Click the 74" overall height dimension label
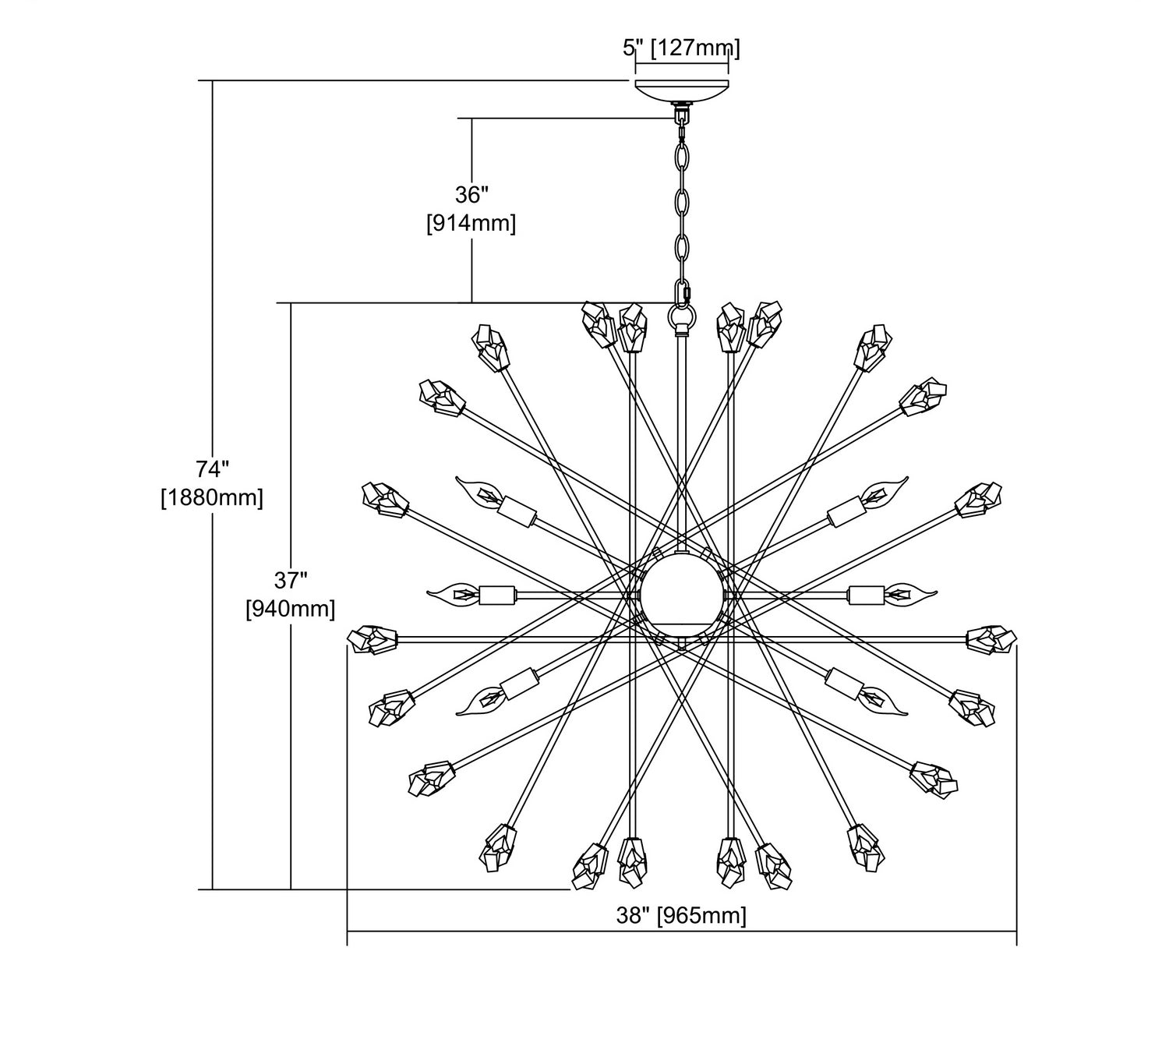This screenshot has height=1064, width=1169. point(212,469)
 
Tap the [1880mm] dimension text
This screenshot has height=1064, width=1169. point(212,497)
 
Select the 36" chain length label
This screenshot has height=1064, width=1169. point(471,194)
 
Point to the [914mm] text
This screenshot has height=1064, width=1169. point(471,224)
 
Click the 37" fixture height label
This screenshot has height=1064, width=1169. point(291,580)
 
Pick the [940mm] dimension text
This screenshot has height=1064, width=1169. point(291,609)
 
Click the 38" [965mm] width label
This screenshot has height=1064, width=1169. point(681,915)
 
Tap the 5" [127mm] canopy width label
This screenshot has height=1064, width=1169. point(681,48)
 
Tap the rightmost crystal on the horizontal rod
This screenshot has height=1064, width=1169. point(991,638)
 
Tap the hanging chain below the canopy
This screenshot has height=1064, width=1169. point(683,203)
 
